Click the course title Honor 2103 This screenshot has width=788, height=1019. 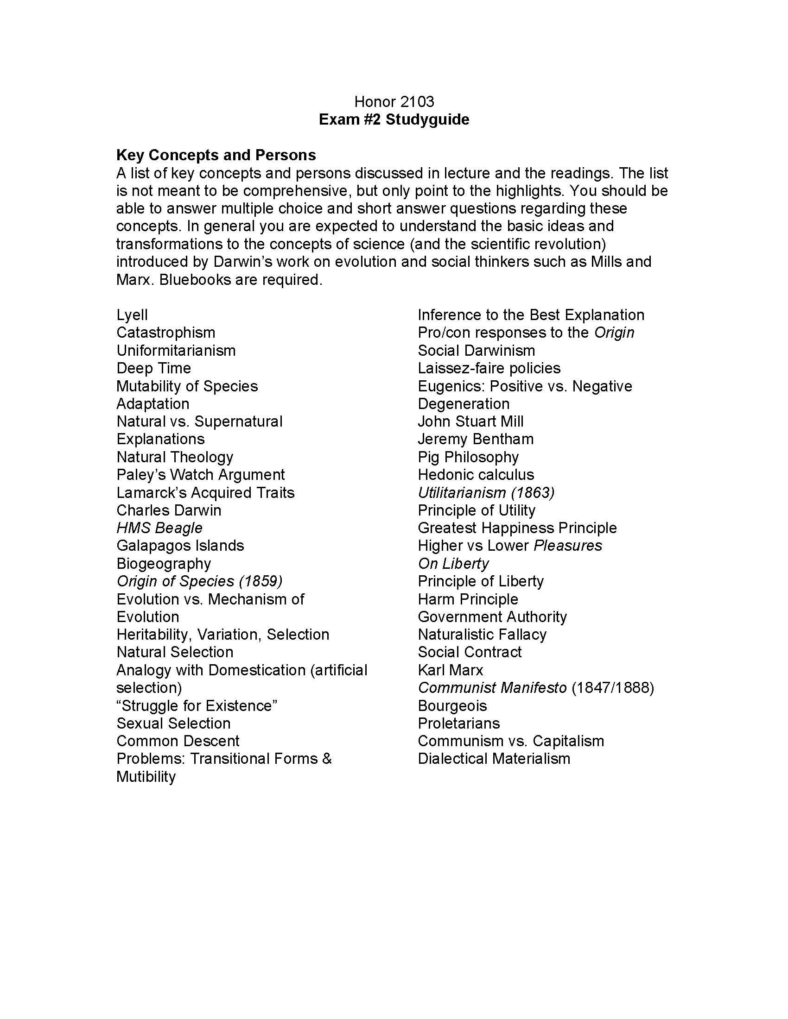394,102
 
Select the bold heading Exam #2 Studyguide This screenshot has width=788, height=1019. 394,120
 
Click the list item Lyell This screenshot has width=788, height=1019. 132,315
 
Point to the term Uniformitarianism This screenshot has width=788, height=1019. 176,351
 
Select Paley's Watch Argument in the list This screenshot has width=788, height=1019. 200,474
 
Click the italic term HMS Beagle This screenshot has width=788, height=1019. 159,528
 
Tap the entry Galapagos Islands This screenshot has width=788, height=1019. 180,546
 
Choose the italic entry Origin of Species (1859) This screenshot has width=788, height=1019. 199,581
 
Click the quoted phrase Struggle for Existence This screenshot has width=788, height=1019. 197,705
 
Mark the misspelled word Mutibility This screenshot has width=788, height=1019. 146,777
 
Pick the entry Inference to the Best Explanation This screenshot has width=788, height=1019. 531,315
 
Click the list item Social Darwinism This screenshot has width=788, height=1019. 476,351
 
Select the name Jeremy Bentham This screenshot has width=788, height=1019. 475,439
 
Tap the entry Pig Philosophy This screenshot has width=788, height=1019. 468,457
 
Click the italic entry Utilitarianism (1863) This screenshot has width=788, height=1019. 486,492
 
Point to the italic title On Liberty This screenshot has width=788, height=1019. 453,564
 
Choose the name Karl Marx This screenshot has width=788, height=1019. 450,670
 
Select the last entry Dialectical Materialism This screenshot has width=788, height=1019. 494,759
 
